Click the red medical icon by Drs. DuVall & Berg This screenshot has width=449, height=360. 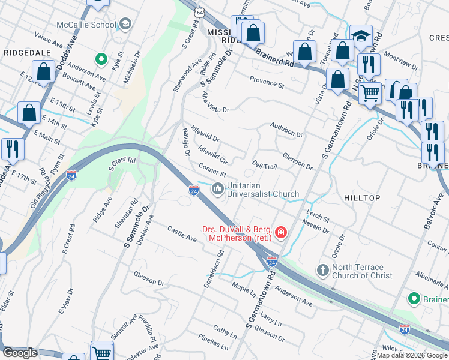pyautogui.click(x=280, y=232)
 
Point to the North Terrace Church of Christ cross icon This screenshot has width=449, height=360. pyautogui.click(x=322, y=271)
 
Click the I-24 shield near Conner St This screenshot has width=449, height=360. pyautogui.click(x=193, y=190)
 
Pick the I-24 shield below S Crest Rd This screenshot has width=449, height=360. pyautogui.click(x=71, y=175)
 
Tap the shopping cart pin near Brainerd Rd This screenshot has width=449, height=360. pyautogui.click(x=370, y=92)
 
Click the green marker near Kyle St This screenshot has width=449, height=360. pyautogui.click(x=101, y=60)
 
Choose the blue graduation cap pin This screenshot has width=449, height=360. pyautogui.click(x=361, y=35)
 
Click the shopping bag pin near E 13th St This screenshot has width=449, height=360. pyautogui.click(x=29, y=112)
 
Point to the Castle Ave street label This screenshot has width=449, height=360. pyautogui.click(x=182, y=235)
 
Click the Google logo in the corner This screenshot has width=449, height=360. pyautogui.click(x=20, y=353)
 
